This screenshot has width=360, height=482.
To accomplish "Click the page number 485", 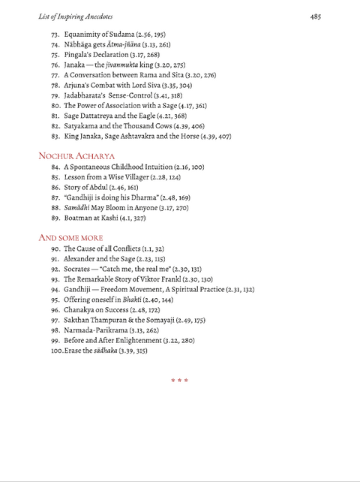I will tap(316, 15).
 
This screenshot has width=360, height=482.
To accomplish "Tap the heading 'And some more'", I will tap(70, 237).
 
